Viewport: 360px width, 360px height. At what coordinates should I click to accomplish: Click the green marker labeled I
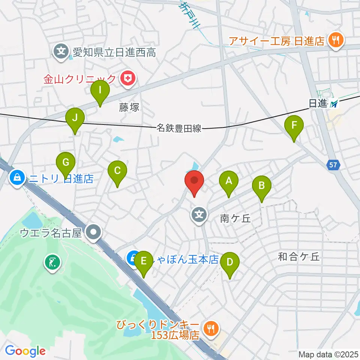coord(100,91)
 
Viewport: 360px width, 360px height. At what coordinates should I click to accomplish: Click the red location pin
coord(194,181)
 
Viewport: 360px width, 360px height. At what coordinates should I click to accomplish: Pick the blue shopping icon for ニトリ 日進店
coord(18,177)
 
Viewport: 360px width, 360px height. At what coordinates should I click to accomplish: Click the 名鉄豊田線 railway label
coord(178,129)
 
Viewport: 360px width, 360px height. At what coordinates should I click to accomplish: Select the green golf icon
coord(52,261)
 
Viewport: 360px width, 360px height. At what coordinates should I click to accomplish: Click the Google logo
coord(25,351)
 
